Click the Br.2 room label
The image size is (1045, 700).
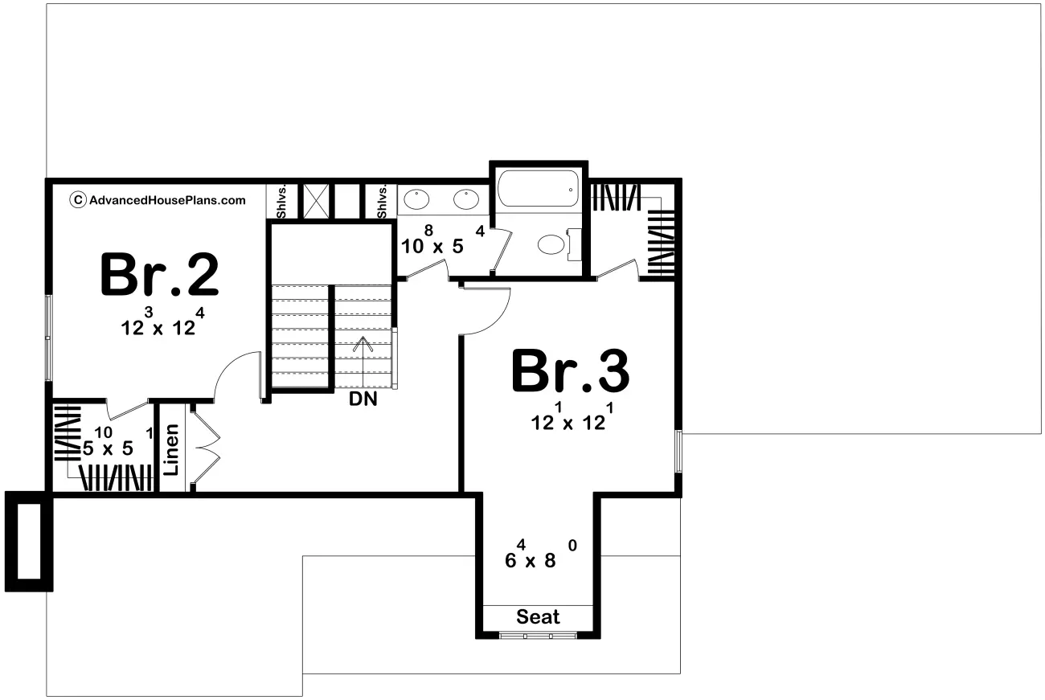[x=159, y=274]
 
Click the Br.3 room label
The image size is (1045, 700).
[x=571, y=371]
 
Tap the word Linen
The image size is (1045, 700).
[x=172, y=449]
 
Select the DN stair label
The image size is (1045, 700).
[x=363, y=399]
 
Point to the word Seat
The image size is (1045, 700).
[x=538, y=617]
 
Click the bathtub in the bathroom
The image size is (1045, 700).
[x=539, y=188]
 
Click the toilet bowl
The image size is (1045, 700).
[x=551, y=244]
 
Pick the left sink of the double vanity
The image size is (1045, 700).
[x=416, y=199]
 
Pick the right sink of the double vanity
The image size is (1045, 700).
[x=466, y=199]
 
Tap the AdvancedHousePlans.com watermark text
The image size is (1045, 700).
[x=167, y=201]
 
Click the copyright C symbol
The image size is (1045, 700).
[x=78, y=200]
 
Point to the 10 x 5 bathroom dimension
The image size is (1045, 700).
[x=443, y=240]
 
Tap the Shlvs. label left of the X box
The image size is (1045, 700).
[x=281, y=202]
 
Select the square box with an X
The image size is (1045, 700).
[x=316, y=201]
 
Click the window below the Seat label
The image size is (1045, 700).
[x=538, y=635]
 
